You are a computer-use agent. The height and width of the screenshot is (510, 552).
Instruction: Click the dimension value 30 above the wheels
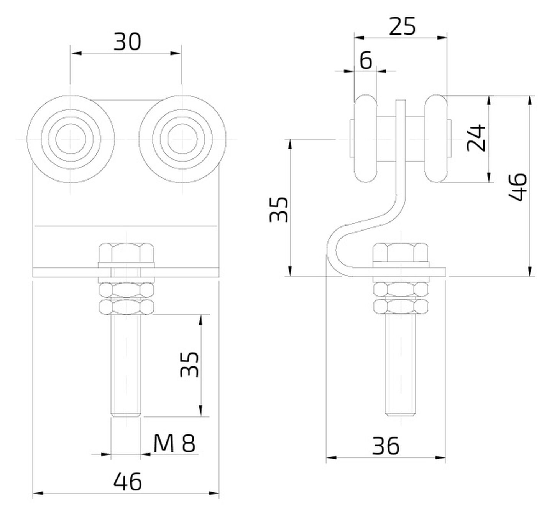[x=127, y=42]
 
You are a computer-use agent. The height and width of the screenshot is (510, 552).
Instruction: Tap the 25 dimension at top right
[x=402, y=27]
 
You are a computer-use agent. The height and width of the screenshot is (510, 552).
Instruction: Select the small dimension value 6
[x=366, y=60]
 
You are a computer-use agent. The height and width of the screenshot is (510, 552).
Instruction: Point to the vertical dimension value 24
[x=476, y=138]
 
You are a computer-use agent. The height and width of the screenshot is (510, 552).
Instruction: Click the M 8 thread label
[x=174, y=444]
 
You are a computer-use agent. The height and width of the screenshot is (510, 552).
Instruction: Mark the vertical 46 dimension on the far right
[x=517, y=187]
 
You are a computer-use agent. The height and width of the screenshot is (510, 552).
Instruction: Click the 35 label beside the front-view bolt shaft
[x=190, y=365]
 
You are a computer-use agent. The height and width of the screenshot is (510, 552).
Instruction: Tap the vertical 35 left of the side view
[x=279, y=210]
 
